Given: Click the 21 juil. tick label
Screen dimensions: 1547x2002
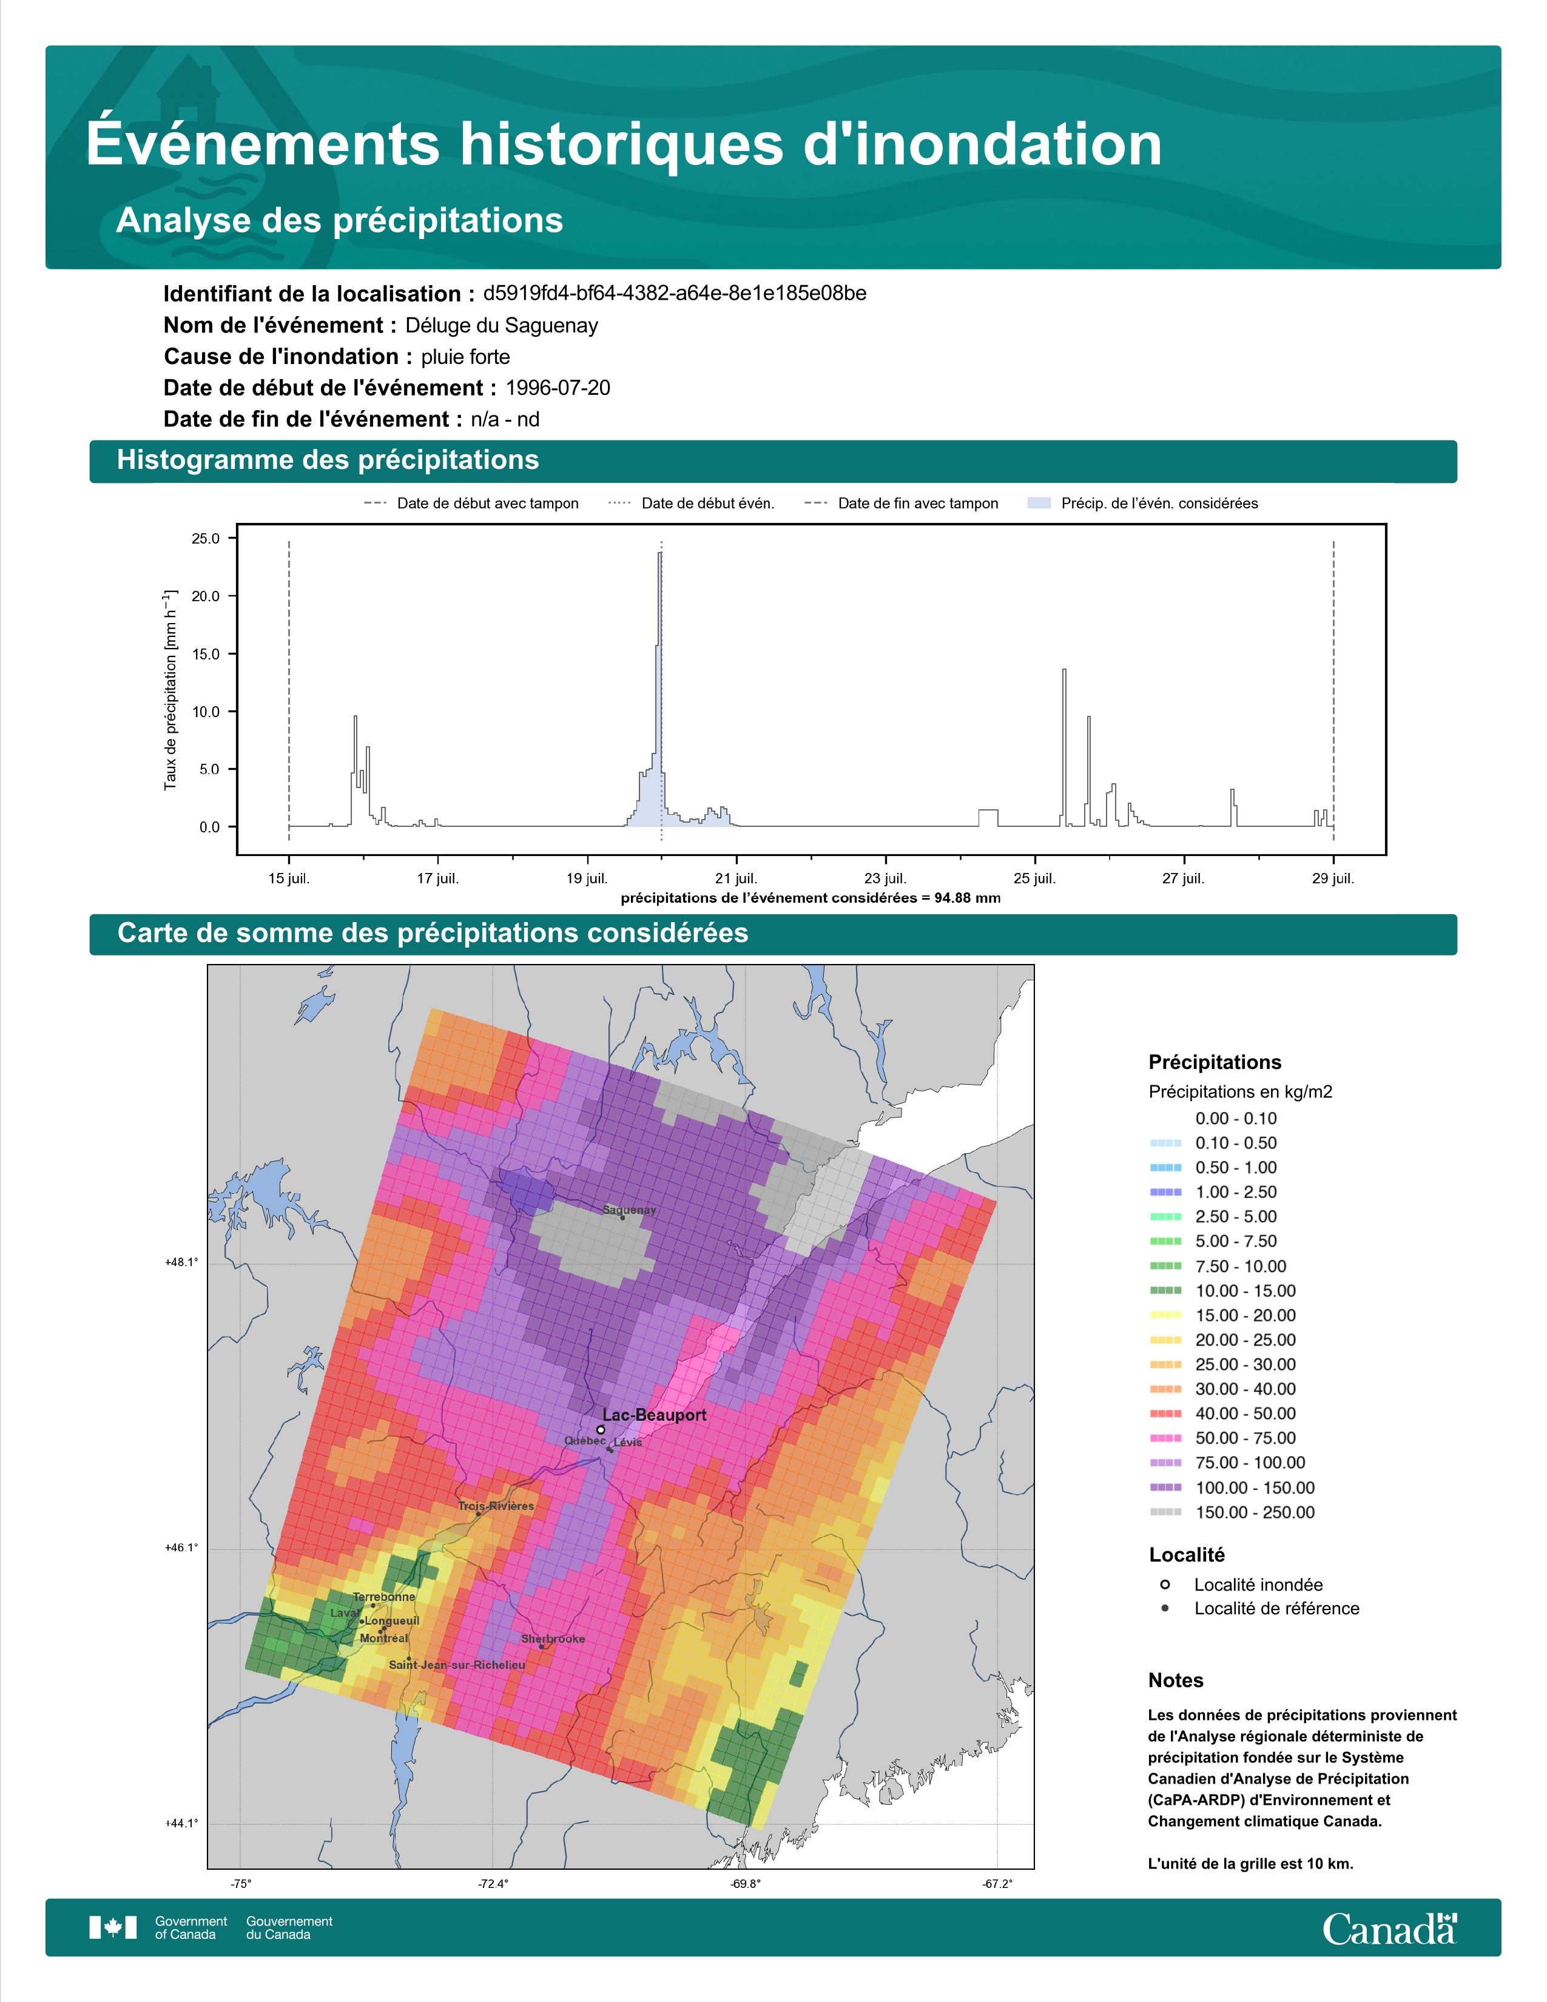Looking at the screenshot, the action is click(736, 878).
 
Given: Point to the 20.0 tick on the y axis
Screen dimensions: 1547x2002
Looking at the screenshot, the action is click(205, 596).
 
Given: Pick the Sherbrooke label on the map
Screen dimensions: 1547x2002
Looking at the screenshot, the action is click(553, 1639).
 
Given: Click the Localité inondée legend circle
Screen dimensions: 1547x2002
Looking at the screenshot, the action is click(1165, 1584).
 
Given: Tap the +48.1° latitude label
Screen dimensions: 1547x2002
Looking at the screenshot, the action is click(181, 1262).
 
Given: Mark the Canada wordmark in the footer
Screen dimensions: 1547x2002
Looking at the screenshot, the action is click(1389, 1928).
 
